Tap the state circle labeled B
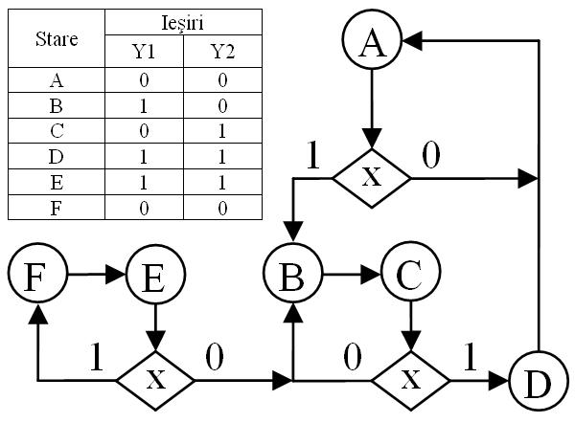click(x=291, y=276)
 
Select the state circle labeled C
click(x=410, y=276)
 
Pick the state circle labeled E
click(x=155, y=276)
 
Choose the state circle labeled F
click(x=36, y=276)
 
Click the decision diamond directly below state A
click(x=371, y=177)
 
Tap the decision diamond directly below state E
click(x=155, y=381)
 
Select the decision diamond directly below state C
click(x=410, y=381)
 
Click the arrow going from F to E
click(x=96, y=276)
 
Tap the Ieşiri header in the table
click(x=182, y=20)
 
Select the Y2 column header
click(x=222, y=51)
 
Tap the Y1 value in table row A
click(x=142, y=81)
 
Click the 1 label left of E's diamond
click(x=95, y=355)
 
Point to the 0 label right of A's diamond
click(x=432, y=155)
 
